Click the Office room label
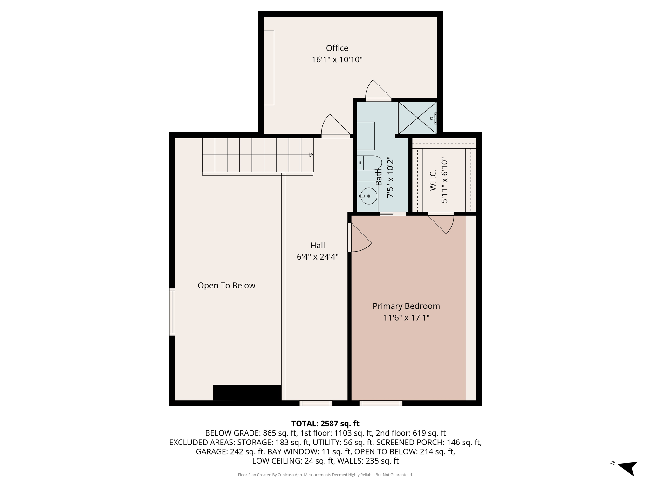[x=337, y=48]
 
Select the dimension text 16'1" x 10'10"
[x=337, y=60]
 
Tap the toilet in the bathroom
[x=370, y=163]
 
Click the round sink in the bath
[x=368, y=196]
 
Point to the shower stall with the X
[x=417, y=118]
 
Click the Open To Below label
[x=226, y=285]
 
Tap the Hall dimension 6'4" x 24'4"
[x=317, y=257]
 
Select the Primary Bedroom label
[x=406, y=306]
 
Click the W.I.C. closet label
[x=433, y=180]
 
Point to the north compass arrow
[x=628, y=467]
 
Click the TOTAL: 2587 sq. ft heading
[x=325, y=424]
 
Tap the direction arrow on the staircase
[x=311, y=155]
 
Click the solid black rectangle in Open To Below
[x=247, y=393]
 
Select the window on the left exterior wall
[x=172, y=312]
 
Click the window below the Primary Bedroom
[x=381, y=403]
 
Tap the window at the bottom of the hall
[x=316, y=403]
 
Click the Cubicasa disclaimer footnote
[x=325, y=475]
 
